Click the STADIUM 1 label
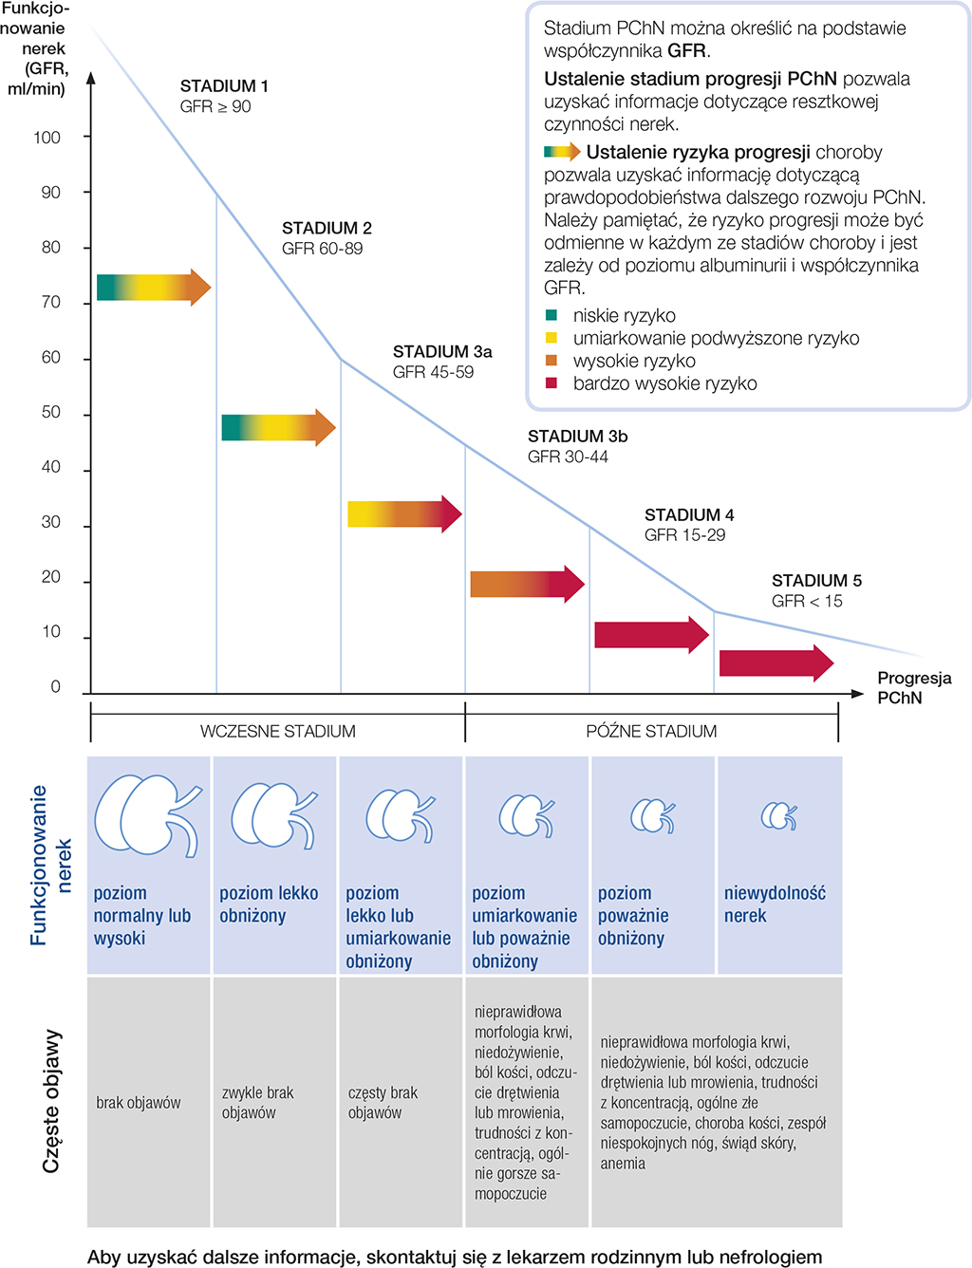point(224,86)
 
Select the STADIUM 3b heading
point(577,437)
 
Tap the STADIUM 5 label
point(816,581)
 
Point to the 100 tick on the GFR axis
point(47,138)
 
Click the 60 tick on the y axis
point(51,358)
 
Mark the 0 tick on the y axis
point(56,687)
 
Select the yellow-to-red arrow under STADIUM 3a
point(404,513)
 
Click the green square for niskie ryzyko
point(551,315)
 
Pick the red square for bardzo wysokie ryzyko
point(551,383)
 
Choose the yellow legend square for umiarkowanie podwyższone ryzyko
point(551,338)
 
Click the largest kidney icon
point(148,816)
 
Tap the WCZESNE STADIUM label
point(277,732)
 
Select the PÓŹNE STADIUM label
point(651,732)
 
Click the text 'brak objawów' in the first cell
point(139,1103)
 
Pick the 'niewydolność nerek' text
point(775,904)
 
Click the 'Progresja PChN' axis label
point(913,688)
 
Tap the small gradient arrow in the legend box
point(562,152)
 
